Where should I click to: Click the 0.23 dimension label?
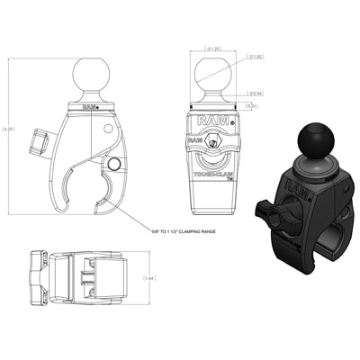click(x=255, y=105)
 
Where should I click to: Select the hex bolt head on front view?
click(x=213, y=144)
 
